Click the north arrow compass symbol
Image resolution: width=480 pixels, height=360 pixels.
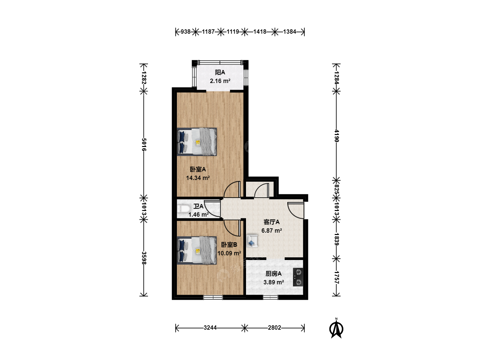[336, 329]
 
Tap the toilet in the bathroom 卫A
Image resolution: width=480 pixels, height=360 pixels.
[183, 209]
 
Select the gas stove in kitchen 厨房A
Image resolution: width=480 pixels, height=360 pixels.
[298, 277]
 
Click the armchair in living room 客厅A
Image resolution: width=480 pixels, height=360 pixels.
[252, 241]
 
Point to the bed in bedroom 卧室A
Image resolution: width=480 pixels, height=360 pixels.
[197, 142]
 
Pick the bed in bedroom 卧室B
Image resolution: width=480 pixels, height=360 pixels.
[197, 250]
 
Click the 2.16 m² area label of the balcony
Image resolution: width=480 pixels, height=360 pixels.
[220, 81]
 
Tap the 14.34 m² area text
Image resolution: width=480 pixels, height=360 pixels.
[198, 178]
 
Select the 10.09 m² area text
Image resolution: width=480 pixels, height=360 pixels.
[229, 253]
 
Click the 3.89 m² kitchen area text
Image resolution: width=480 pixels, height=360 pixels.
[274, 282]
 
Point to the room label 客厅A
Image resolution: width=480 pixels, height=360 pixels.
[271, 222]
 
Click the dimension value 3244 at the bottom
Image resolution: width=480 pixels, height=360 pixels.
[210, 328]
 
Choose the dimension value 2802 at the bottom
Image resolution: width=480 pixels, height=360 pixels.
[274, 328]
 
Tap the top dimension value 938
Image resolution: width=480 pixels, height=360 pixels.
[185, 32]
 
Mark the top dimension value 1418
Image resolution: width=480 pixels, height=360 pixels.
[260, 32]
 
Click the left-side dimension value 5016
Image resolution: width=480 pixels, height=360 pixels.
[144, 144]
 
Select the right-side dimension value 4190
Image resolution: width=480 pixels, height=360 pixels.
[337, 136]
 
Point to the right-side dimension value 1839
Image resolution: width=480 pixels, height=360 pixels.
[337, 239]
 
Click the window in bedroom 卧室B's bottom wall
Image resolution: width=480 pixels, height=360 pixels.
[213, 297]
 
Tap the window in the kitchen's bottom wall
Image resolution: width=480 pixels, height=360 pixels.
[270, 297]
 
